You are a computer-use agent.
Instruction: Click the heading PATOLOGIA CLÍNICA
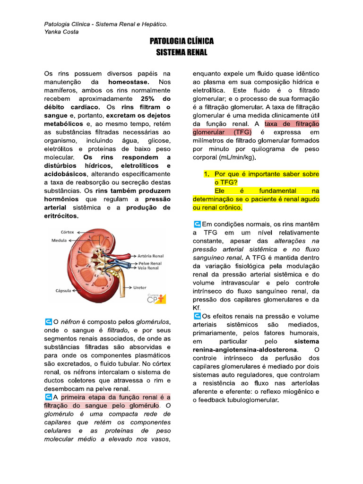[x=181, y=42]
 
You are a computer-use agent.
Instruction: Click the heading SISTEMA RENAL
[x=181, y=52]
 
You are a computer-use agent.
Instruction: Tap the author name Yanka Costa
[x=61, y=32]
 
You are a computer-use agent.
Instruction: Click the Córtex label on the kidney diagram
[x=68, y=232]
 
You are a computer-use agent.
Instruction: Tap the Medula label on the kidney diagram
[x=59, y=241]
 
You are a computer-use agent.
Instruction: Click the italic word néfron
[x=70, y=322]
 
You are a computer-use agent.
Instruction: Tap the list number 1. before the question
[x=207, y=174]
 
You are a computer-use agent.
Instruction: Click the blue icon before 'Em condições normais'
[x=197, y=224]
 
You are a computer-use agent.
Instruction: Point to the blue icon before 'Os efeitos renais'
[x=197, y=316]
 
